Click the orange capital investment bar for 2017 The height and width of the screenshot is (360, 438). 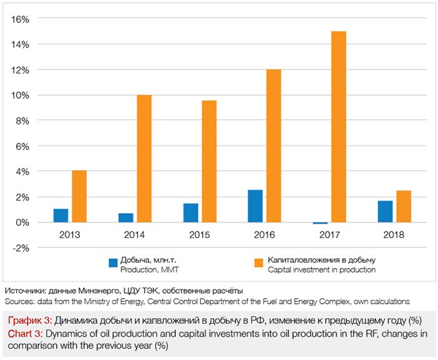339,127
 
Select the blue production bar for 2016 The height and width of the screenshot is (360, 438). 255,206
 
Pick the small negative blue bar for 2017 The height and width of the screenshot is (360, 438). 320,223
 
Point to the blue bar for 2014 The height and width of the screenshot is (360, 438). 126,217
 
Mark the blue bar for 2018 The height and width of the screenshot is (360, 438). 385,211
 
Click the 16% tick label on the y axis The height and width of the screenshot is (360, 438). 21,19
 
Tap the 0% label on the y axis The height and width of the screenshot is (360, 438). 23,222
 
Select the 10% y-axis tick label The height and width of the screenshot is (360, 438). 21,95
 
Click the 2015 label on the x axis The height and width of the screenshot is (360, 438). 199,235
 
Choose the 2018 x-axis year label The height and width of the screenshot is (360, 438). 394,235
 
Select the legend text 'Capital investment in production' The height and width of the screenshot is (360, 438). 322,270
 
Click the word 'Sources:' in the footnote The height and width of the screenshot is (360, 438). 19,301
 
